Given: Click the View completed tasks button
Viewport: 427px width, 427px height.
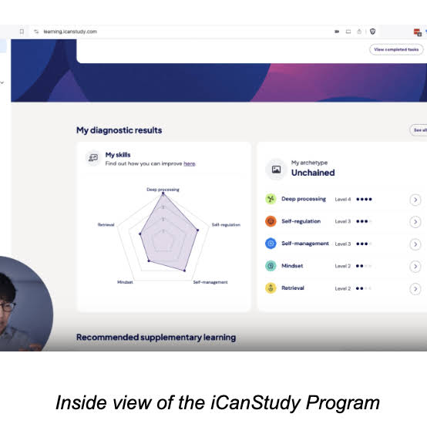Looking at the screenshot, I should (x=396, y=49).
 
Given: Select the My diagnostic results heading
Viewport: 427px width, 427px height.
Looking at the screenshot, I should (x=119, y=130).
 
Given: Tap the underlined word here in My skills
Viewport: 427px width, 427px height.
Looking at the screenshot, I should (x=190, y=163).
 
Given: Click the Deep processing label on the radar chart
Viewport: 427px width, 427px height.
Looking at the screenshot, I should (x=162, y=189).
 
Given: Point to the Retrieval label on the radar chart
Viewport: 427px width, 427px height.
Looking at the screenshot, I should (x=106, y=224).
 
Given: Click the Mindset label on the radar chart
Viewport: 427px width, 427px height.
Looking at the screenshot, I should (x=125, y=282).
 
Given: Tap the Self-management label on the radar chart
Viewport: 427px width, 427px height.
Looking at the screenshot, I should (x=210, y=282).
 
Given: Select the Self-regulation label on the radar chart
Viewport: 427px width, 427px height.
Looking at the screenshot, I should (x=226, y=224).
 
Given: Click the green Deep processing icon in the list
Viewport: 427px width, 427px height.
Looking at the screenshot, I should (x=271, y=199).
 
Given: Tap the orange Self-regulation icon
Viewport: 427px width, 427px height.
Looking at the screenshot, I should (x=271, y=221).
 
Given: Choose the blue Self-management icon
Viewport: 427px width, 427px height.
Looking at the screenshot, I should (x=271, y=244).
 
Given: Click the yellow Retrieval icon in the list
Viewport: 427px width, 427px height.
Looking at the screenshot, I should (x=271, y=288).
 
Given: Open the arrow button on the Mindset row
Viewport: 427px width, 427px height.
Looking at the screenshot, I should (x=415, y=266).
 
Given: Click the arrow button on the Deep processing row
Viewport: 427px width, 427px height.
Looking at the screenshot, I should (x=415, y=200).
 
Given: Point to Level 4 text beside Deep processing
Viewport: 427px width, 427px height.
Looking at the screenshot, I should (x=343, y=199).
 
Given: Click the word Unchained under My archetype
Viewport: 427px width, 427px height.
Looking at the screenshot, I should (x=313, y=173).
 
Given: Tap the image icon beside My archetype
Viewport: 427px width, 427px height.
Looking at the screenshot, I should (x=276, y=169).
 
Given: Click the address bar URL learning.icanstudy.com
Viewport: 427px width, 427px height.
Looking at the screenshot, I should (x=76, y=32).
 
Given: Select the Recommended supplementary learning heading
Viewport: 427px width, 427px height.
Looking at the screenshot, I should (x=156, y=337).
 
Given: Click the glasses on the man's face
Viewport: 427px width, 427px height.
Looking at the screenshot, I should (x=7, y=307).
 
